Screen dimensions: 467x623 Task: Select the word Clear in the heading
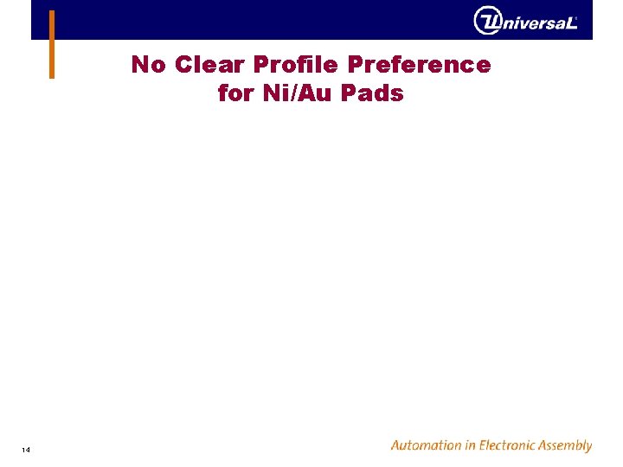click(x=211, y=65)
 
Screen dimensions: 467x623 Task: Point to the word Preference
click(x=420, y=65)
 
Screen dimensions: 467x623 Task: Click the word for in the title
click(x=235, y=93)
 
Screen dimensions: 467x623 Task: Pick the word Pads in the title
click(x=373, y=93)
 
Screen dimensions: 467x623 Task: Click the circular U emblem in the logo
click(x=487, y=20)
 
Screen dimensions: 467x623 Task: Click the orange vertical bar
click(x=52, y=44)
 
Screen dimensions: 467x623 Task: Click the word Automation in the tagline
click(x=426, y=445)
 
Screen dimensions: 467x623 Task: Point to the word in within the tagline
click(x=472, y=445)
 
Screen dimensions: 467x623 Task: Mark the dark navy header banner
click(x=260, y=19)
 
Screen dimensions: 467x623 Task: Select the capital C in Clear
click(x=183, y=65)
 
